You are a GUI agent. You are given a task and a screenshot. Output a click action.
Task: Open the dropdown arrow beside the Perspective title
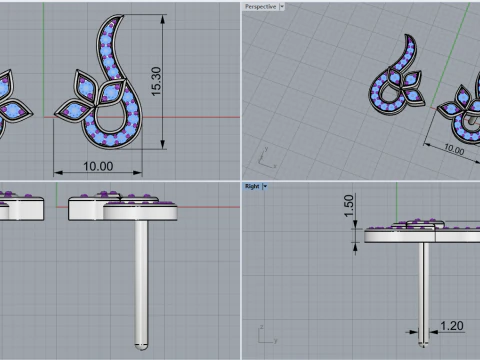tap(282, 6)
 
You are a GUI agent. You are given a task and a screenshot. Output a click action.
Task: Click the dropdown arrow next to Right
tap(265, 186)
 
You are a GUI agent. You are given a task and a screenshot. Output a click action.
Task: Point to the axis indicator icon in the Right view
tap(262, 330)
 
